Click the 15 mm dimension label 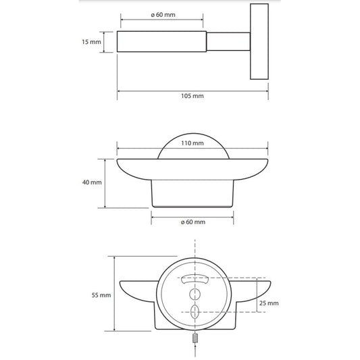(x=91, y=42)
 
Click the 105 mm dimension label (x=192, y=96)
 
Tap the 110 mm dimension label (x=192, y=143)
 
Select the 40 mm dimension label (x=92, y=182)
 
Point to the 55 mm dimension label (x=101, y=295)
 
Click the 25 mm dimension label (x=269, y=303)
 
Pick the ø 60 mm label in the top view (x=163, y=15)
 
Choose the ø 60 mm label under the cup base (x=193, y=222)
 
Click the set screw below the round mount (x=195, y=338)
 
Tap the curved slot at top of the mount (x=195, y=278)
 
